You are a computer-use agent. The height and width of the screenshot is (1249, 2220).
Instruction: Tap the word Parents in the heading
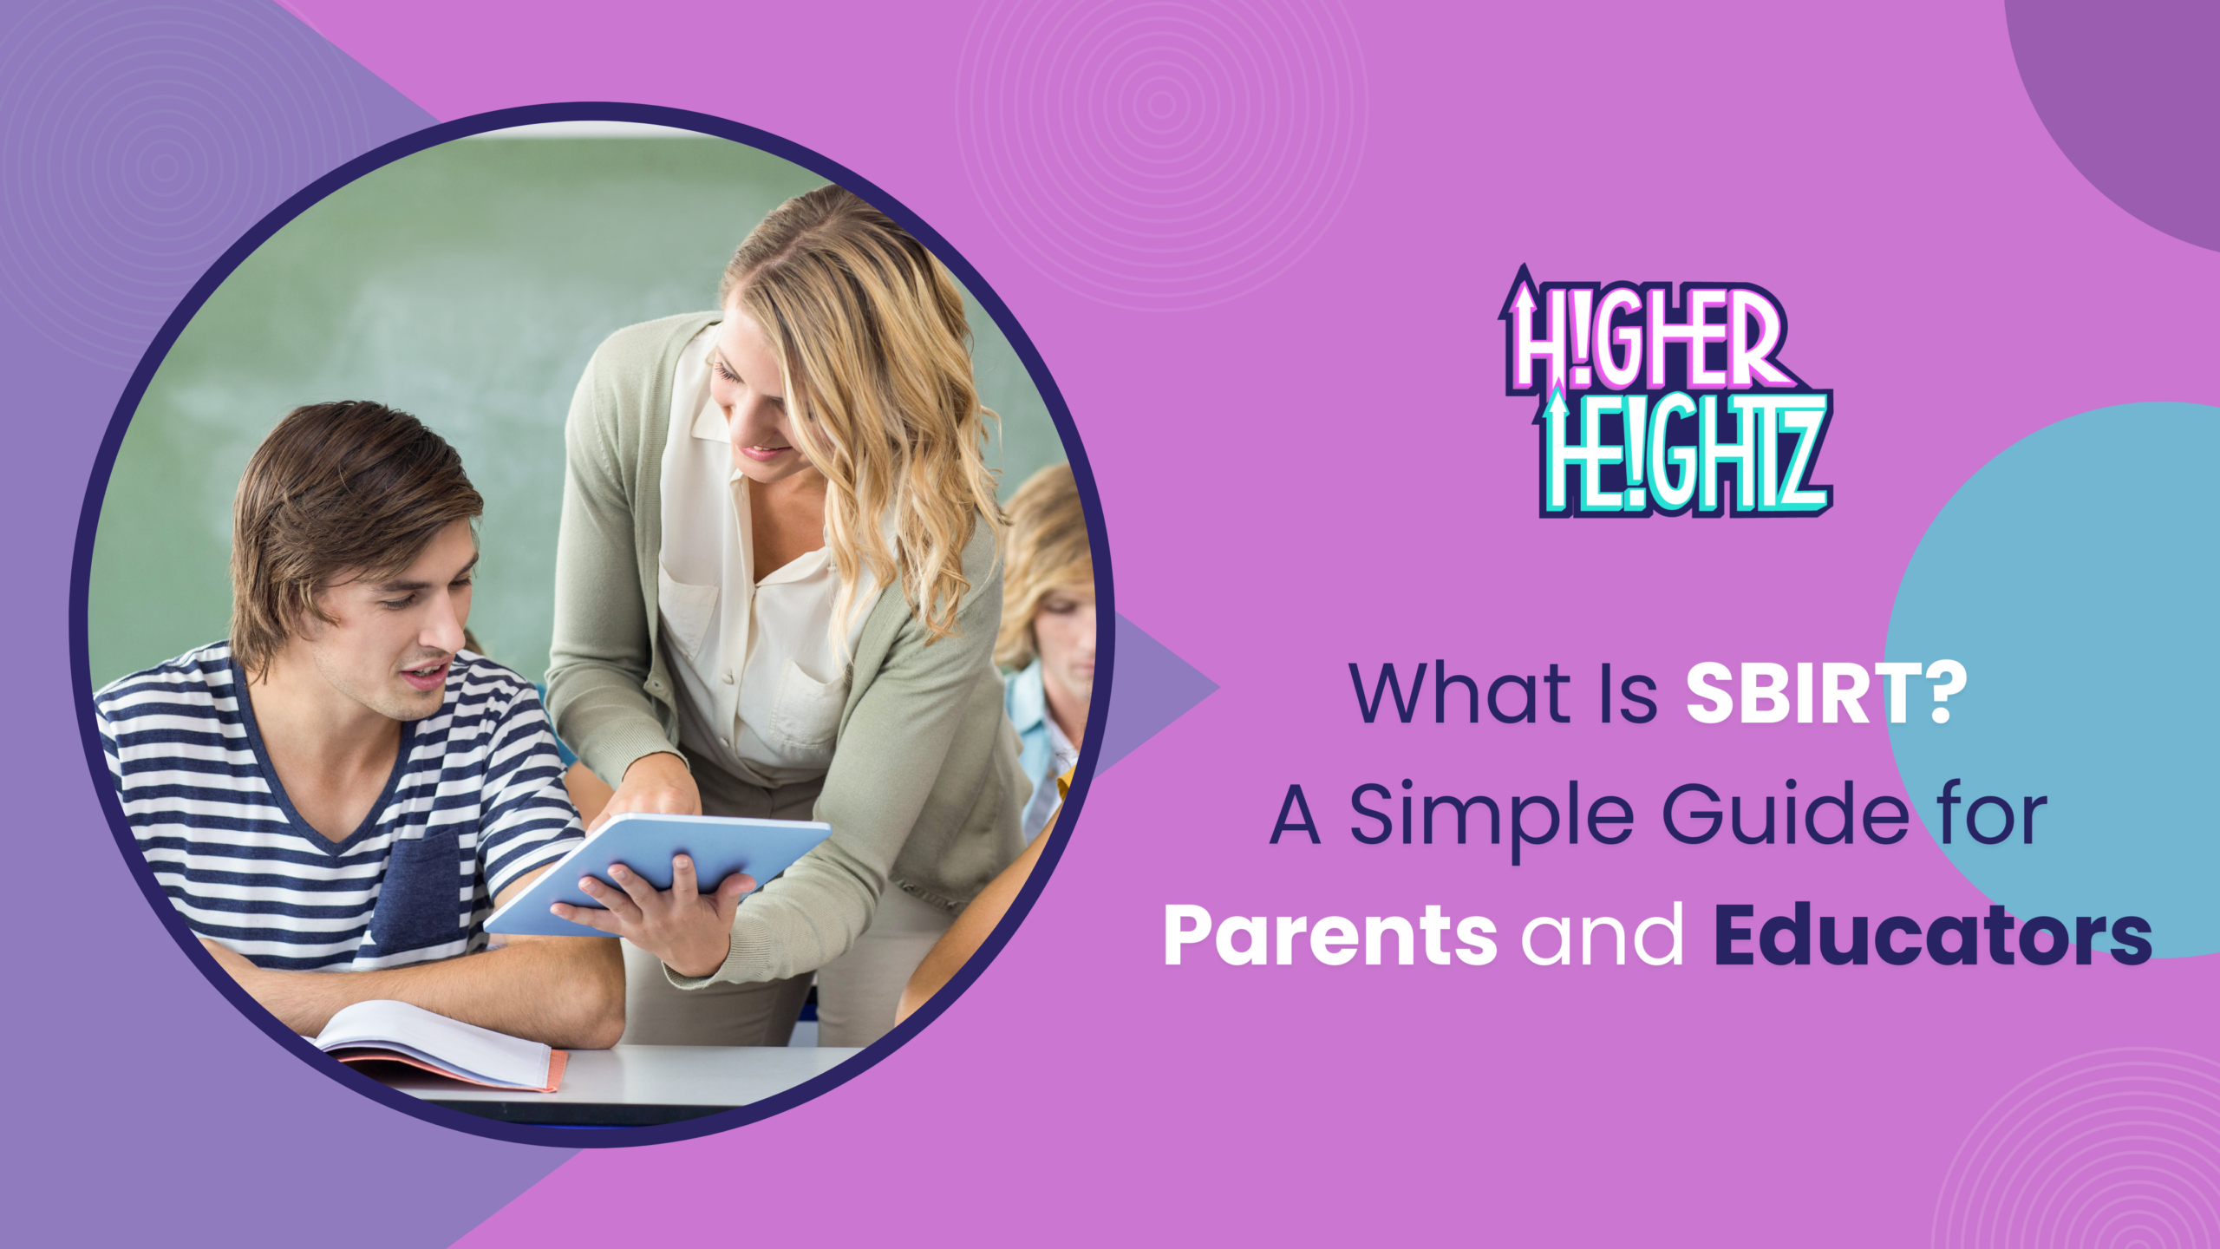click(1329, 936)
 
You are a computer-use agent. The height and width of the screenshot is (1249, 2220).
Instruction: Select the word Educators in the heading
click(1933, 936)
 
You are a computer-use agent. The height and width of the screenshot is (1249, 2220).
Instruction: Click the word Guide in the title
click(1786, 815)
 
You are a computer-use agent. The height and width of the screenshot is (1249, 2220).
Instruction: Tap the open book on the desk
click(442, 1045)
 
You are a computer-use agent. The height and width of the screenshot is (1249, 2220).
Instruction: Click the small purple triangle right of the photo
click(1153, 690)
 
